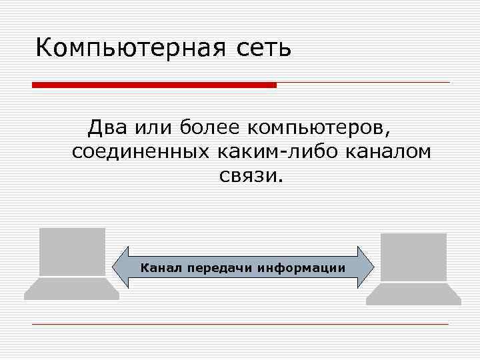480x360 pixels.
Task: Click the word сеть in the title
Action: tap(263, 49)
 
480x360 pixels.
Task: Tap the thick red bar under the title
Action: tap(154, 85)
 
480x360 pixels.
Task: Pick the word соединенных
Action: tap(140, 152)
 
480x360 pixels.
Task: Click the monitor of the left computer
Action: tap(72, 251)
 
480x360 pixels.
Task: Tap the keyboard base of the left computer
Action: tap(71, 289)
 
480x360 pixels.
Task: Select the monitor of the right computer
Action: tap(413, 257)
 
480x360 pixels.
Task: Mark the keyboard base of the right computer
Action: tap(413, 294)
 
